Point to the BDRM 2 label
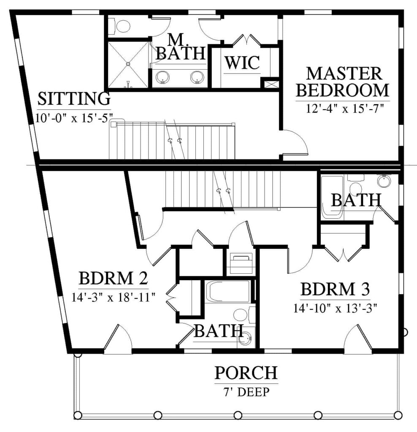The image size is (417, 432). (113, 279)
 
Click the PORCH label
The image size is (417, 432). (246, 373)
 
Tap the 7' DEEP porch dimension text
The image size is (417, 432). (246, 393)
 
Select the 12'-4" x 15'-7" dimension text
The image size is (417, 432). (343, 108)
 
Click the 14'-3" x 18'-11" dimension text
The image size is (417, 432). (114, 297)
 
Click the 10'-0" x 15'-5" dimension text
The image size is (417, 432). (73, 117)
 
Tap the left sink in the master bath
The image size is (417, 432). (163, 77)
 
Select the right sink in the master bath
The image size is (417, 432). (196, 77)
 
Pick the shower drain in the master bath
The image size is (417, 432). (127, 64)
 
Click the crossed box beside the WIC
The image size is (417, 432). (270, 84)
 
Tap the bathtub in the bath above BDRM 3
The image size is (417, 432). (332, 197)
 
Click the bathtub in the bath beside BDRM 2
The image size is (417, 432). (228, 292)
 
